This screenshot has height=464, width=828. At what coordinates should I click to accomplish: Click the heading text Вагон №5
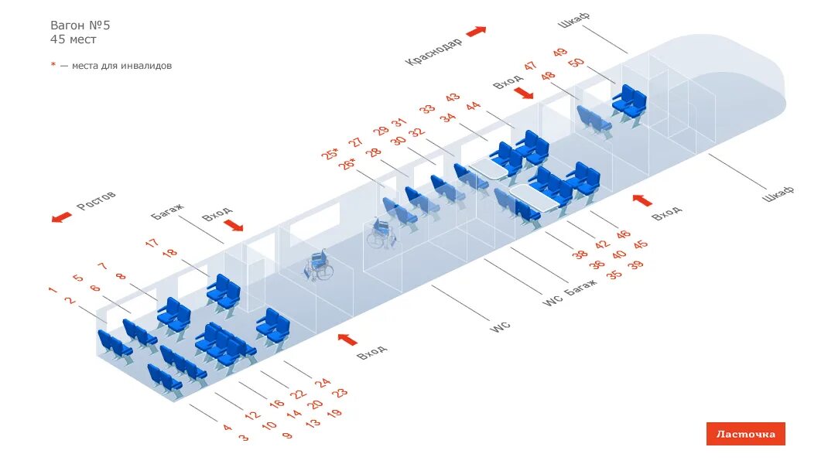pyautogui.click(x=80, y=25)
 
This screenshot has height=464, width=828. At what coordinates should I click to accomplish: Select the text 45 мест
pyautogui.click(x=74, y=39)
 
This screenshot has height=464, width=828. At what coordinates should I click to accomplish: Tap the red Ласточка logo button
pyautogui.click(x=745, y=434)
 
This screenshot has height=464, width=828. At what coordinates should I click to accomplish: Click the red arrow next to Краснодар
pyautogui.click(x=476, y=32)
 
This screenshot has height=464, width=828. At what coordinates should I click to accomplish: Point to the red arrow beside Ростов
pyautogui.click(x=62, y=217)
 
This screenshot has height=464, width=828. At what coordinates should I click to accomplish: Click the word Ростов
pyautogui.click(x=96, y=201)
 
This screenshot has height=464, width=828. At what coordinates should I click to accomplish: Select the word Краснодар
pyautogui.click(x=433, y=51)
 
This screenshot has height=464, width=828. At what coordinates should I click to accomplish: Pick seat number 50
pyautogui.click(x=576, y=63)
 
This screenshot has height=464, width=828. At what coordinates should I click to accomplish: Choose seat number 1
pyautogui.click(x=53, y=290)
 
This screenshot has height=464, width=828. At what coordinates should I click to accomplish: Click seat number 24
pyautogui.click(x=323, y=382)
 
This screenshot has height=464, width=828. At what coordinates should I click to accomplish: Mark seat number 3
pyautogui.click(x=244, y=438)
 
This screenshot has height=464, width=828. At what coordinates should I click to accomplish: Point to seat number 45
pyautogui.click(x=640, y=244)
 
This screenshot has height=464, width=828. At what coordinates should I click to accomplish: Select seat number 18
pyautogui.click(x=170, y=253)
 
